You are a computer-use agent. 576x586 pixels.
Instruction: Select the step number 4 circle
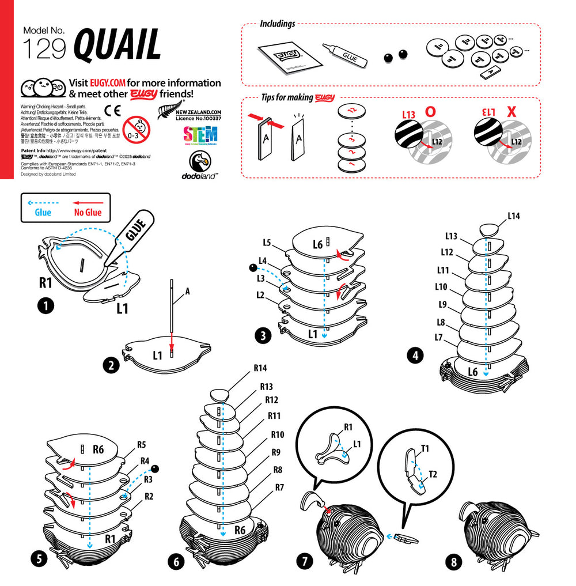pos(414,356)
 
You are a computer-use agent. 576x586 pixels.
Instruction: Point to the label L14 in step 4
pos(514,216)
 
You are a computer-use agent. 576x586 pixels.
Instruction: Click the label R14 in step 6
pos(260,368)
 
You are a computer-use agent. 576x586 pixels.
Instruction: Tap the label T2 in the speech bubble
pos(433,474)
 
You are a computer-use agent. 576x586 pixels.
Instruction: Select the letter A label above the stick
pos(187,291)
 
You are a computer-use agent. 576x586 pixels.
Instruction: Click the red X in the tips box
pos(510,112)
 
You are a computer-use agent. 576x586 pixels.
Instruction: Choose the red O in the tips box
pos(430,112)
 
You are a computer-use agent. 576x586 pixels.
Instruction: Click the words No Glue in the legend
pos(88,212)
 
